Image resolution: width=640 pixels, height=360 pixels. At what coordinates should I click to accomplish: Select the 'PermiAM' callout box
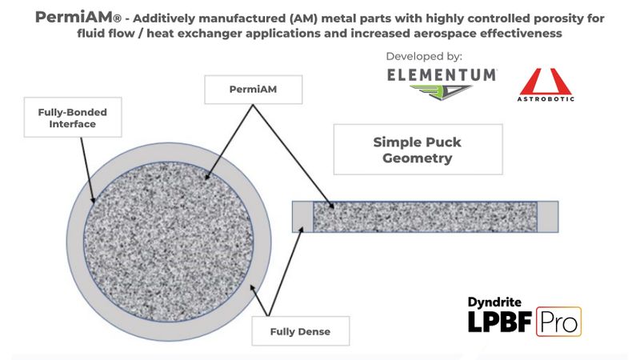point(254,89)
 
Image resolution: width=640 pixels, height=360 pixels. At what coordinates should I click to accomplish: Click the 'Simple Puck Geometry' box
point(417,150)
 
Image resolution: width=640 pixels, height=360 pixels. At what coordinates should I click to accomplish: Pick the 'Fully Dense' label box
point(299,330)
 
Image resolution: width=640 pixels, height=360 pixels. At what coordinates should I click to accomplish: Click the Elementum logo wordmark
point(442,74)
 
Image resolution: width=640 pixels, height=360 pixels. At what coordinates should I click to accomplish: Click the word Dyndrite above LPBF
point(494,302)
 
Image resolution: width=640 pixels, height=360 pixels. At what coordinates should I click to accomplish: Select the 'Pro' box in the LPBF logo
point(558,321)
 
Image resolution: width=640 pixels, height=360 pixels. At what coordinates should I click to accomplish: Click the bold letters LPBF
point(501,322)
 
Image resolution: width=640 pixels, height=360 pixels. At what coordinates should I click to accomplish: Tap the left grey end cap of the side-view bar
point(302,217)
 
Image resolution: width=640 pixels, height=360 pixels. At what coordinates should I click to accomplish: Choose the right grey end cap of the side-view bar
point(547,217)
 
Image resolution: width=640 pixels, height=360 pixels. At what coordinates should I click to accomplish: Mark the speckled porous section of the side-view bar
point(424,217)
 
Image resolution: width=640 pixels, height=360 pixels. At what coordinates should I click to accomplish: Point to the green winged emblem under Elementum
point(442,93)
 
